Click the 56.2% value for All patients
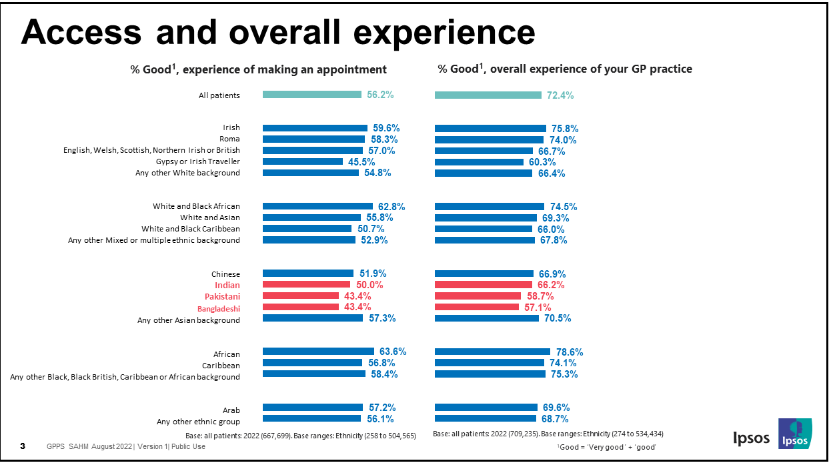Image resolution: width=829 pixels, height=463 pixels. (x=380, y=95)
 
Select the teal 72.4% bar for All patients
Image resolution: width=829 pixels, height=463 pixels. (x=488, y=95)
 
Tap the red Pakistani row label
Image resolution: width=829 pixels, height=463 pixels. (x=223, y=296)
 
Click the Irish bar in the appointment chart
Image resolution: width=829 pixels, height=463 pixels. (x=315, y=128)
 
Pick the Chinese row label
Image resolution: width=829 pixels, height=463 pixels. (x=225, y=274)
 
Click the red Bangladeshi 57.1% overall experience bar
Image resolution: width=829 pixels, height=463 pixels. (x=476, y=307)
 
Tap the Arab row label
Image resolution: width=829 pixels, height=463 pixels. (x=231, y=410)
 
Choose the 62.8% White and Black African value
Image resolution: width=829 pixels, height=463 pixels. (x=391, y=207)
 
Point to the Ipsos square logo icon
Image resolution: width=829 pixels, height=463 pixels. (x=795, y=433)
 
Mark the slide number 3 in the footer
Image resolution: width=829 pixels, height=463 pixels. (x=23, y=446)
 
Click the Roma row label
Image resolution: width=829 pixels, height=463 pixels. (x=229, y=139)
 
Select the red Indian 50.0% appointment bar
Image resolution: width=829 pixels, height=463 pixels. (x=306, y=285)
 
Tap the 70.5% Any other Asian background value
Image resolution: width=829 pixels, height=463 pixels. (x=558, y=319)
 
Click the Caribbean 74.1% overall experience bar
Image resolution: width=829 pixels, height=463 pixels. (x=490, y=363)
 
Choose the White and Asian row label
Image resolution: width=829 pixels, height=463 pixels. (x=209, y=217)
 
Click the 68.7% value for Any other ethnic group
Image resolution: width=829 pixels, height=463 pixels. (x=556, y=419)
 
